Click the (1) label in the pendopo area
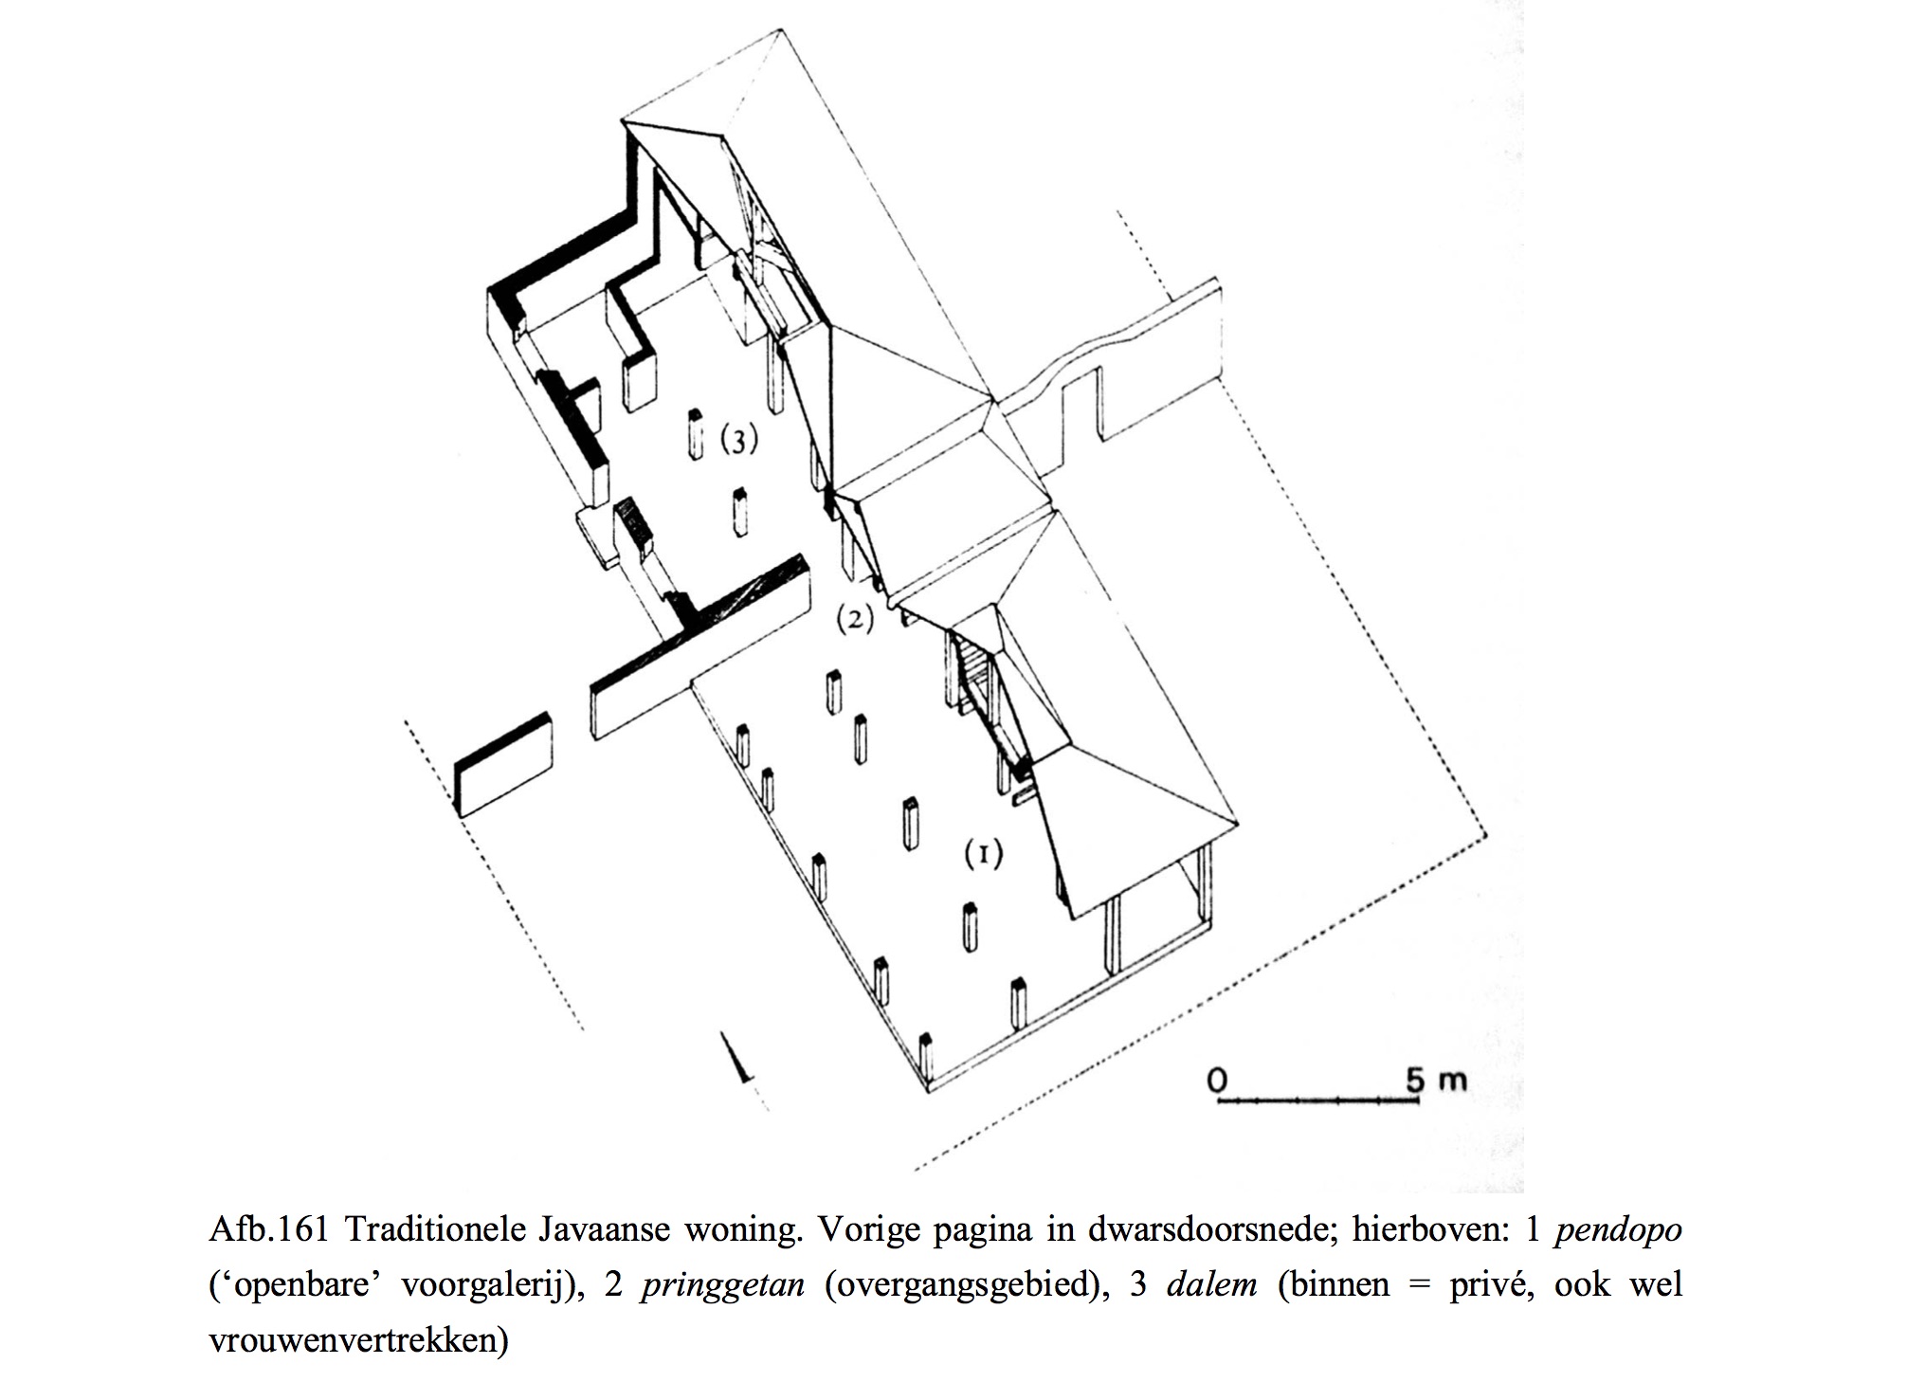point(983,854)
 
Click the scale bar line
point(1317,1100)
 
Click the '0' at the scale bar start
point(1218,1080)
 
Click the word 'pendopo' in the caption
point(1618,1230)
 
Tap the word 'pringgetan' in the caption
point(722,1285)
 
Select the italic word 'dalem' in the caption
point(1211,1285)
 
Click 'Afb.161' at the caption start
point(268,1230)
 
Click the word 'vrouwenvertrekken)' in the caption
point(358,1340)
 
